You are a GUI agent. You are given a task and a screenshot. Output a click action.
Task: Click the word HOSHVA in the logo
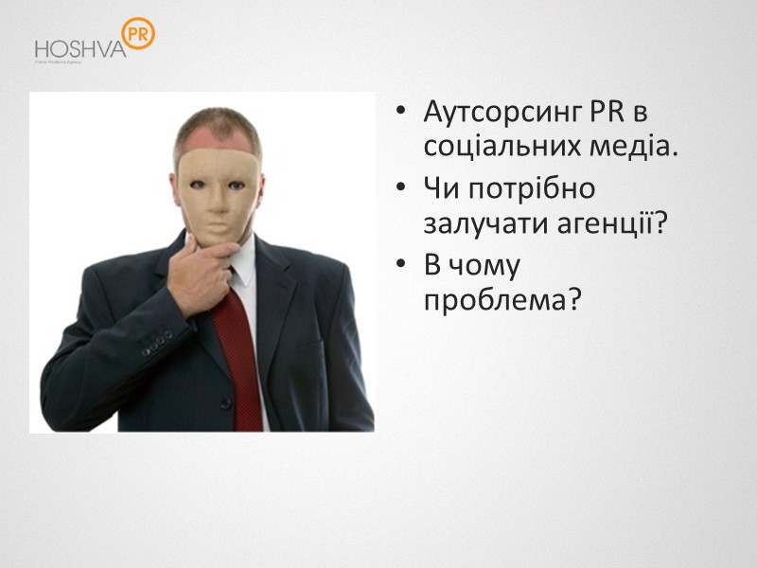(79, 48)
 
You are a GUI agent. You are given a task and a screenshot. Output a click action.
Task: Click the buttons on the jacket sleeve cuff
(157, 342)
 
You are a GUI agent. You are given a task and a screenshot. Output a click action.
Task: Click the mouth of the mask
(216, 219)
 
